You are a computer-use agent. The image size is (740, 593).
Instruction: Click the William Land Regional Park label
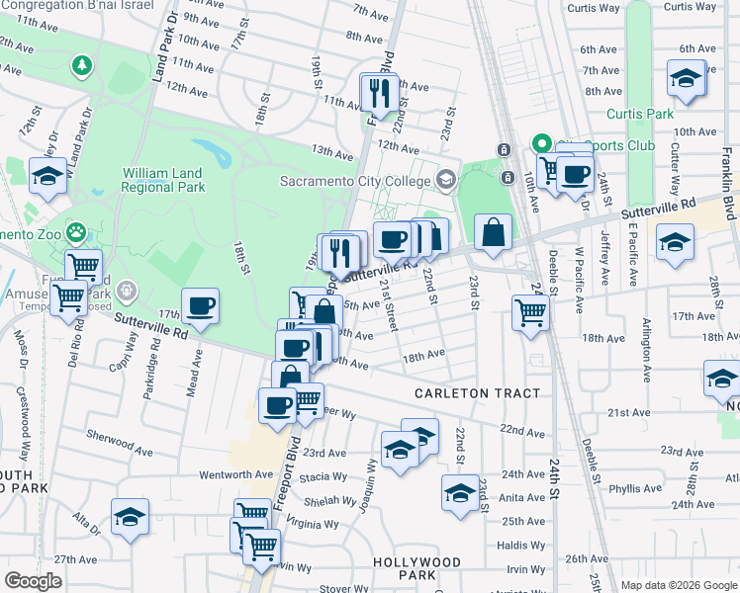click(163, 179)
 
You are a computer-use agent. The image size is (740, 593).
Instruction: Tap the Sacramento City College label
click(355, 181)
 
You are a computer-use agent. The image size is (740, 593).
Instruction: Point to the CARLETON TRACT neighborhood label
click(477, 393)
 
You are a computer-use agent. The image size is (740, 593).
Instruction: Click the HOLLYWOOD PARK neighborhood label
click(416, 568)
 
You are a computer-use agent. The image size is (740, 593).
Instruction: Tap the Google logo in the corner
click(33, 580)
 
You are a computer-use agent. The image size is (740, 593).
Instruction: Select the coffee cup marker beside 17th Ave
click(201, 307)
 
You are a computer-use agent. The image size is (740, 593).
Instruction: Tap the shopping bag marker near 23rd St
click(493, 233)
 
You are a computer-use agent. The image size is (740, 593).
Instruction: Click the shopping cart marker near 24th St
click(531, 312)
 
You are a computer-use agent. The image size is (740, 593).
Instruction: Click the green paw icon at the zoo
click(78, 233)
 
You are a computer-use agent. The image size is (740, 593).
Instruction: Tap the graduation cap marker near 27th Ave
click(130, 517)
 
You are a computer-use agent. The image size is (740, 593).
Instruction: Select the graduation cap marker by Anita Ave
click(460, 493)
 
